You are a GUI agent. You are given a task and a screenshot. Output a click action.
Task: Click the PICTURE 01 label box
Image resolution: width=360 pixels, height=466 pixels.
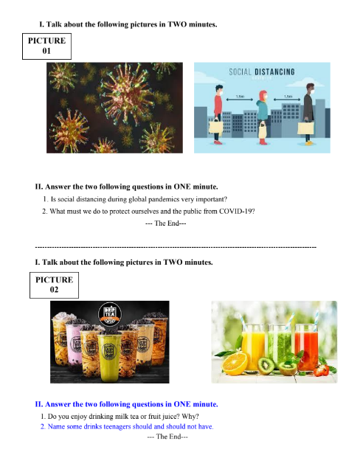point(46,46)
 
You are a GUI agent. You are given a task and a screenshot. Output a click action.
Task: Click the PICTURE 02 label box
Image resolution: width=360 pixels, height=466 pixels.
point(54,285)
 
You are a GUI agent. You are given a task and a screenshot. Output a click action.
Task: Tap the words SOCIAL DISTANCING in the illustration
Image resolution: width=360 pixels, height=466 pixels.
point(262,72)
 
